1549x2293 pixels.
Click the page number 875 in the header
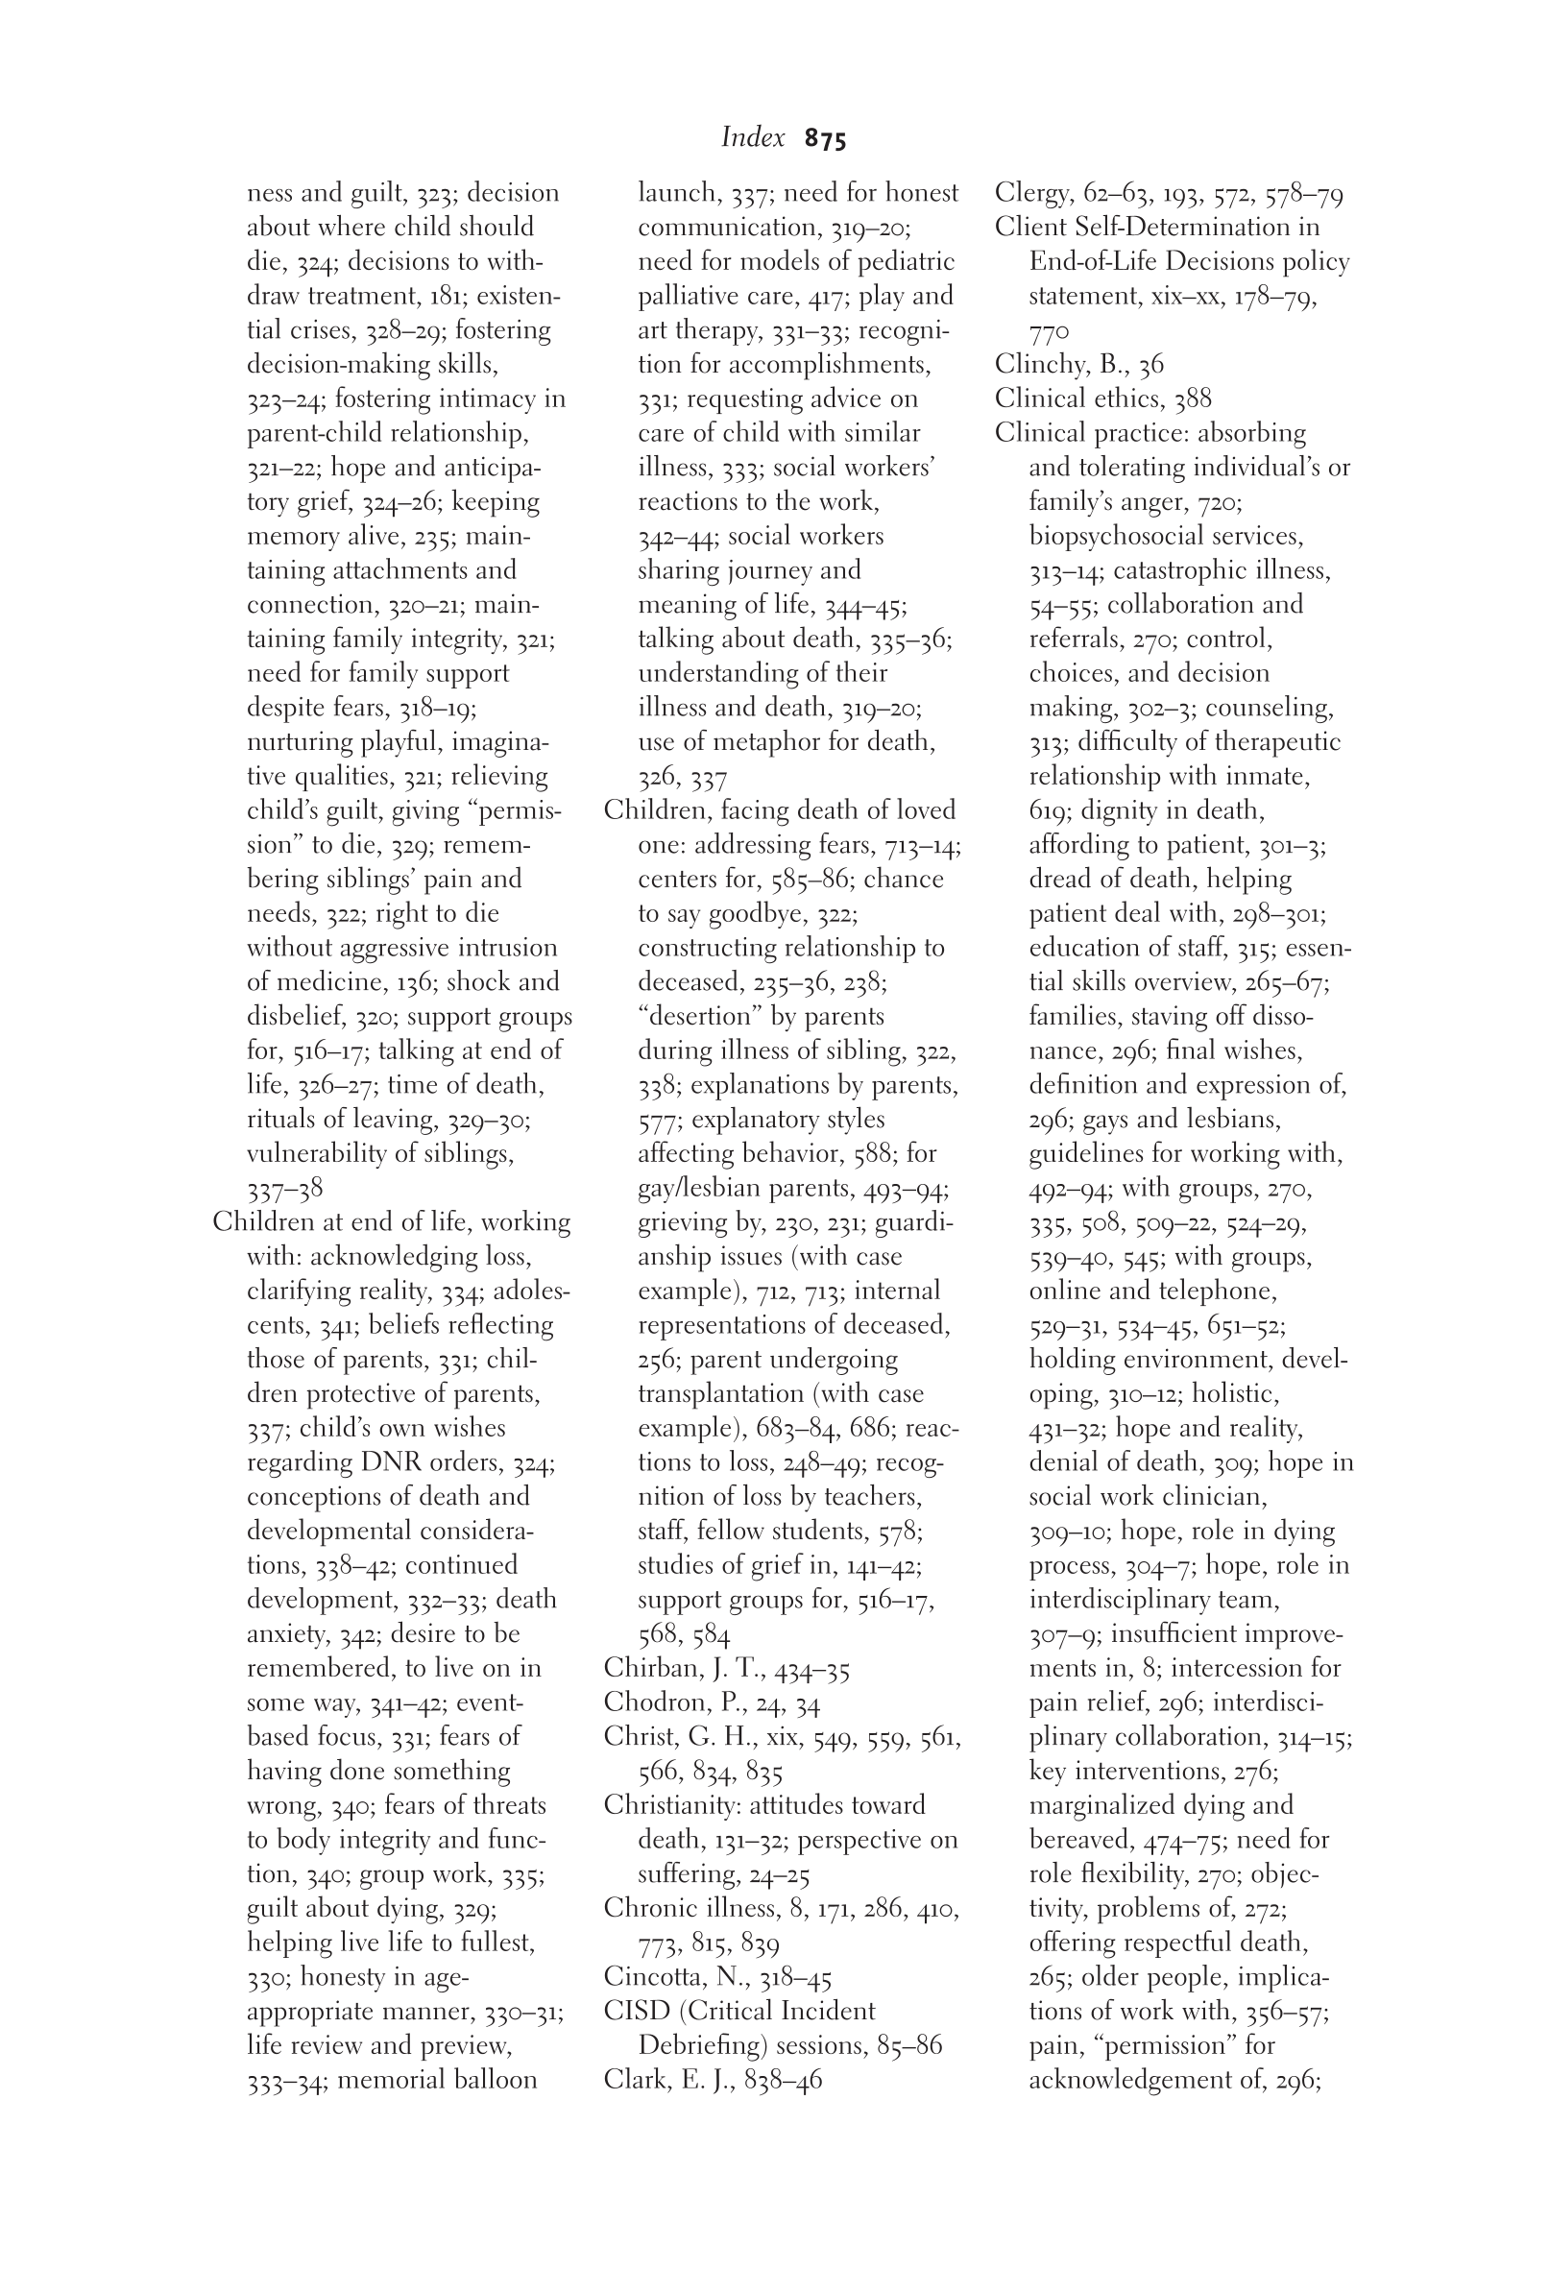click(x=825, y=139)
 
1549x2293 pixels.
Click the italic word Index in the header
click(x=753, y=137)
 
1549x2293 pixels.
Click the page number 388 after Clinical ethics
click(x=1193, y=398)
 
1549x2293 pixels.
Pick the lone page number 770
click(x=1049, y=330)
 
